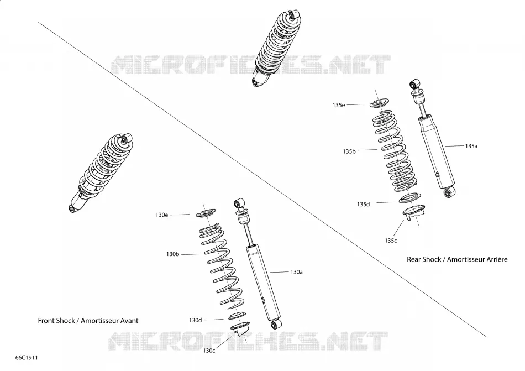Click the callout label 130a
click(296, 272)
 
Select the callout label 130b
click(173, 254)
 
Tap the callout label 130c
click(209, 351)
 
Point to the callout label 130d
click(196, 320)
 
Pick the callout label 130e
click(162, 215)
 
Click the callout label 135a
click(471, 146)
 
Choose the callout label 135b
click(349, 151)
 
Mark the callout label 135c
click(391, 241)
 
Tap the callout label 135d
click(363, 204)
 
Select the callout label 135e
click(339, 105)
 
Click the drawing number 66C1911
click(27, 358)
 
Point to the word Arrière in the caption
click(497, 259)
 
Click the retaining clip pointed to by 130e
click(205, 213)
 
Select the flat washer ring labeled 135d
click(410, 198)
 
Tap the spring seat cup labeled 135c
click(414, 212)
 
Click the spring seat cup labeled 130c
click(240, 328)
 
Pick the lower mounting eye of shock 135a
click(448, 192)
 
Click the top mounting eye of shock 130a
click(239, 203)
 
